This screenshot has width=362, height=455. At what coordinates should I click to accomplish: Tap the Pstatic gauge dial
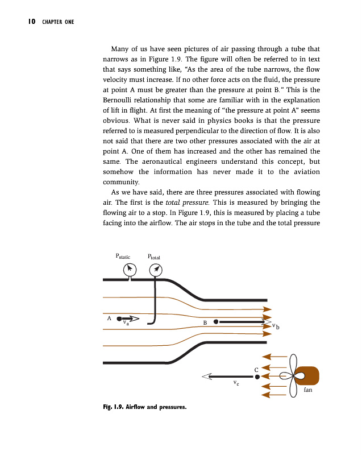[x=130, y=268]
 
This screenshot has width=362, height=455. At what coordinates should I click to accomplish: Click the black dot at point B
[x=216, y=321]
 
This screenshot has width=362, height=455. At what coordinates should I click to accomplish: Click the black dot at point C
[x=257, y=376]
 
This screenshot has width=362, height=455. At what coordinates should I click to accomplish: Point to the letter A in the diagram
[x=109, y=318]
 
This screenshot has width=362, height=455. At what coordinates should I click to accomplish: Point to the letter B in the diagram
[x=205, y=324]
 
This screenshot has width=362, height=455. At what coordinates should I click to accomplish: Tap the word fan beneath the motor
[x=308, y=390]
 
